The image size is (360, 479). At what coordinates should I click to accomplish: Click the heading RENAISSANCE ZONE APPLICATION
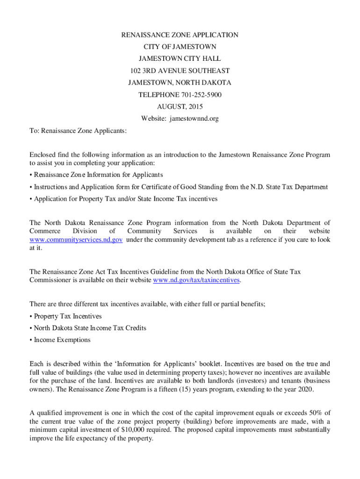point(180,35)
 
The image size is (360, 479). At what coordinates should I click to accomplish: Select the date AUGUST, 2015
point(180,107)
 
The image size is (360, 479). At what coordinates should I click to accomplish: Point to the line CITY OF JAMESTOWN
point(180,47)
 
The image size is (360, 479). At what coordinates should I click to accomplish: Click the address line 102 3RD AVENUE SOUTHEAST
point(180,71)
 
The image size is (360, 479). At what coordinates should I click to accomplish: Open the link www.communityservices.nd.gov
point(76,239)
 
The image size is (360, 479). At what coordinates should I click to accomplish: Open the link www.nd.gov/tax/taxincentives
point(196,280)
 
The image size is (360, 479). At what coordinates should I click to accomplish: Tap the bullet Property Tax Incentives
point(67,316)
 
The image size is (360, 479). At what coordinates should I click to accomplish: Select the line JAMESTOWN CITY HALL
point(180,59)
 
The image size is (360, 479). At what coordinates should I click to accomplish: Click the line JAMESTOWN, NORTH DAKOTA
point(180,83)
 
